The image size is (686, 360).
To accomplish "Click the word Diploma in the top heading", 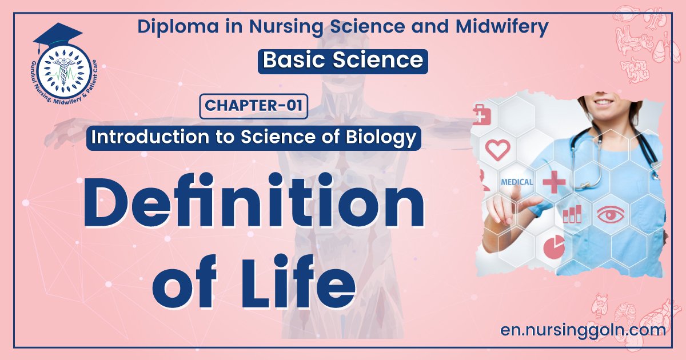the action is [178, 27].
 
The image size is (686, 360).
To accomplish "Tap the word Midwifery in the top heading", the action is [502, 27].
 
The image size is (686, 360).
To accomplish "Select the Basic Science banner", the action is [342, 61].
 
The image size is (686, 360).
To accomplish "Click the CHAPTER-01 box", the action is [254, 106].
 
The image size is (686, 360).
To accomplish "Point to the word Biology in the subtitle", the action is [381, 138].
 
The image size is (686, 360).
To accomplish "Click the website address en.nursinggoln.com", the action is [583, 330].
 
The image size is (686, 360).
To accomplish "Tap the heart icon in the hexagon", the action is [498, 150].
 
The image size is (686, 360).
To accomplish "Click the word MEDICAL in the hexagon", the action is [517, 182].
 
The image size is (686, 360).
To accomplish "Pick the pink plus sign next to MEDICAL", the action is [554, 182].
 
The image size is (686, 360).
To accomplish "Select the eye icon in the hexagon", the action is [611, 214].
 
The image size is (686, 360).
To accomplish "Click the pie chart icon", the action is [554, 247].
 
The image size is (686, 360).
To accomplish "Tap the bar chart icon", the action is [572, 214].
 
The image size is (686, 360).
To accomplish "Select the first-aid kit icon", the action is [482, 115].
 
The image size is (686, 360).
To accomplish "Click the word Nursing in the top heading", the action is [286, 27].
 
